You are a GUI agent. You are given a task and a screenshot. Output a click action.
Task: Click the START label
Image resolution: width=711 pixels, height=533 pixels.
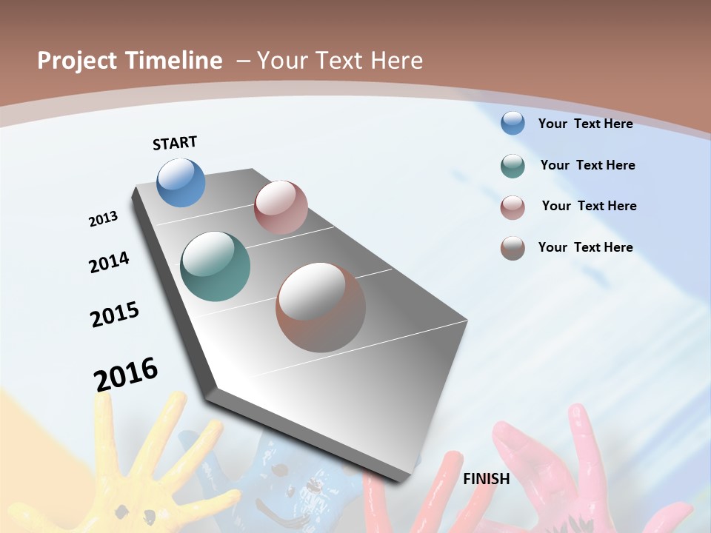pyautogui.click(x=175, y=143)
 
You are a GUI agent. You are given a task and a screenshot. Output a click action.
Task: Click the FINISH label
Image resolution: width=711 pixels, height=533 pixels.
pyautogui.click(x=486, y=479)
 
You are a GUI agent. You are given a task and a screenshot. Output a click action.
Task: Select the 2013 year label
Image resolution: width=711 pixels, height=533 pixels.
pyautogui.click(x=104, y=219)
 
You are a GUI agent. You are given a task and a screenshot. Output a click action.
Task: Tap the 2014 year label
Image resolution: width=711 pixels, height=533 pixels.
pyautogui.click(x=110, y=263)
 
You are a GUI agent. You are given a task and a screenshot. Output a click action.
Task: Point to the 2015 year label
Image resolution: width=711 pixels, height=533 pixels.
pyautogui.click(x=115, y=315)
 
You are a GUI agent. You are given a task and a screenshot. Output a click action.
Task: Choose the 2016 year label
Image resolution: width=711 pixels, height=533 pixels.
pyautogui.click(x=126, y=375)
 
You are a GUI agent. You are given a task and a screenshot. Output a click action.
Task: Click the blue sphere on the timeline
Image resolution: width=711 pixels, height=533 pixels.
pyautogui.click(x=181, y=182)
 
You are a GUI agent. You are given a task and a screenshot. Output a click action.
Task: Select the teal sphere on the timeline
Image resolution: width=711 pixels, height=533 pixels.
pyautogui.click(x=215, y=266)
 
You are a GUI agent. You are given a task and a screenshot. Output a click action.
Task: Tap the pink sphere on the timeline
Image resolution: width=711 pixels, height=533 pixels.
pyautogui.click(x=281, y=207)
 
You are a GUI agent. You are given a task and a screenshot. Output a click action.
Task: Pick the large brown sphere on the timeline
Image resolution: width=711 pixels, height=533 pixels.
pyautogui.click(x=321, y=307)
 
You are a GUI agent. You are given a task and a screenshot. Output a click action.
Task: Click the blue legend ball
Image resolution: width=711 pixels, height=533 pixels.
pyautogui.click(x=513, y=123)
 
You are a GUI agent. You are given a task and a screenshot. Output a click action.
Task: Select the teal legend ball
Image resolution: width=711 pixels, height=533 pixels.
pyautogui.click(x=513, y=166)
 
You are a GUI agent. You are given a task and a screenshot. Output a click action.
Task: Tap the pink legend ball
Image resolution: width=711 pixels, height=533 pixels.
pyautogui.click(x=513, y=207)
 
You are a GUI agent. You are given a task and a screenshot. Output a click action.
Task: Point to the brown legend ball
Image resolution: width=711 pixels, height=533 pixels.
pyautogui.click(x=513, y=248)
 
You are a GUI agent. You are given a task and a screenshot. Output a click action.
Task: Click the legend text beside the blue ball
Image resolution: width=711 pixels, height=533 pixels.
pyautogui.click(x=585, y=124)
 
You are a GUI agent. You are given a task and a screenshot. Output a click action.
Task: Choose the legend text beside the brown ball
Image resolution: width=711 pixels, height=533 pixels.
pyautogui.click(x=585, y=247)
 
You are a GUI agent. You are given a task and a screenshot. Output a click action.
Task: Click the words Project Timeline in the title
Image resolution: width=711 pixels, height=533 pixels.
pyautogui.click(x=130, y=61)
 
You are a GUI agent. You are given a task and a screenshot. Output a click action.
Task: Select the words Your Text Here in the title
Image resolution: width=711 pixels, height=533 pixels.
pyautogui.click(x=339, y=61)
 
